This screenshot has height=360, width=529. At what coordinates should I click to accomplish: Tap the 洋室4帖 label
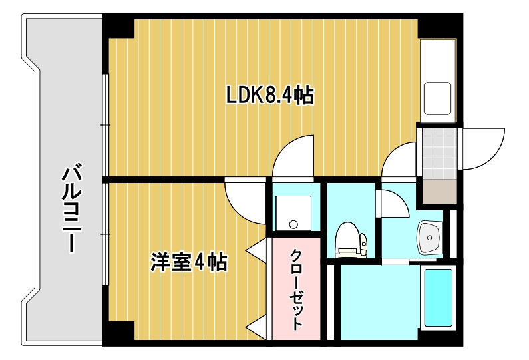pos(189,262)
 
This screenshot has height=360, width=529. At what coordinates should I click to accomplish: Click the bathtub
pos(438,297)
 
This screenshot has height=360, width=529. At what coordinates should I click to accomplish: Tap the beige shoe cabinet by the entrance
pos(437,192)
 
